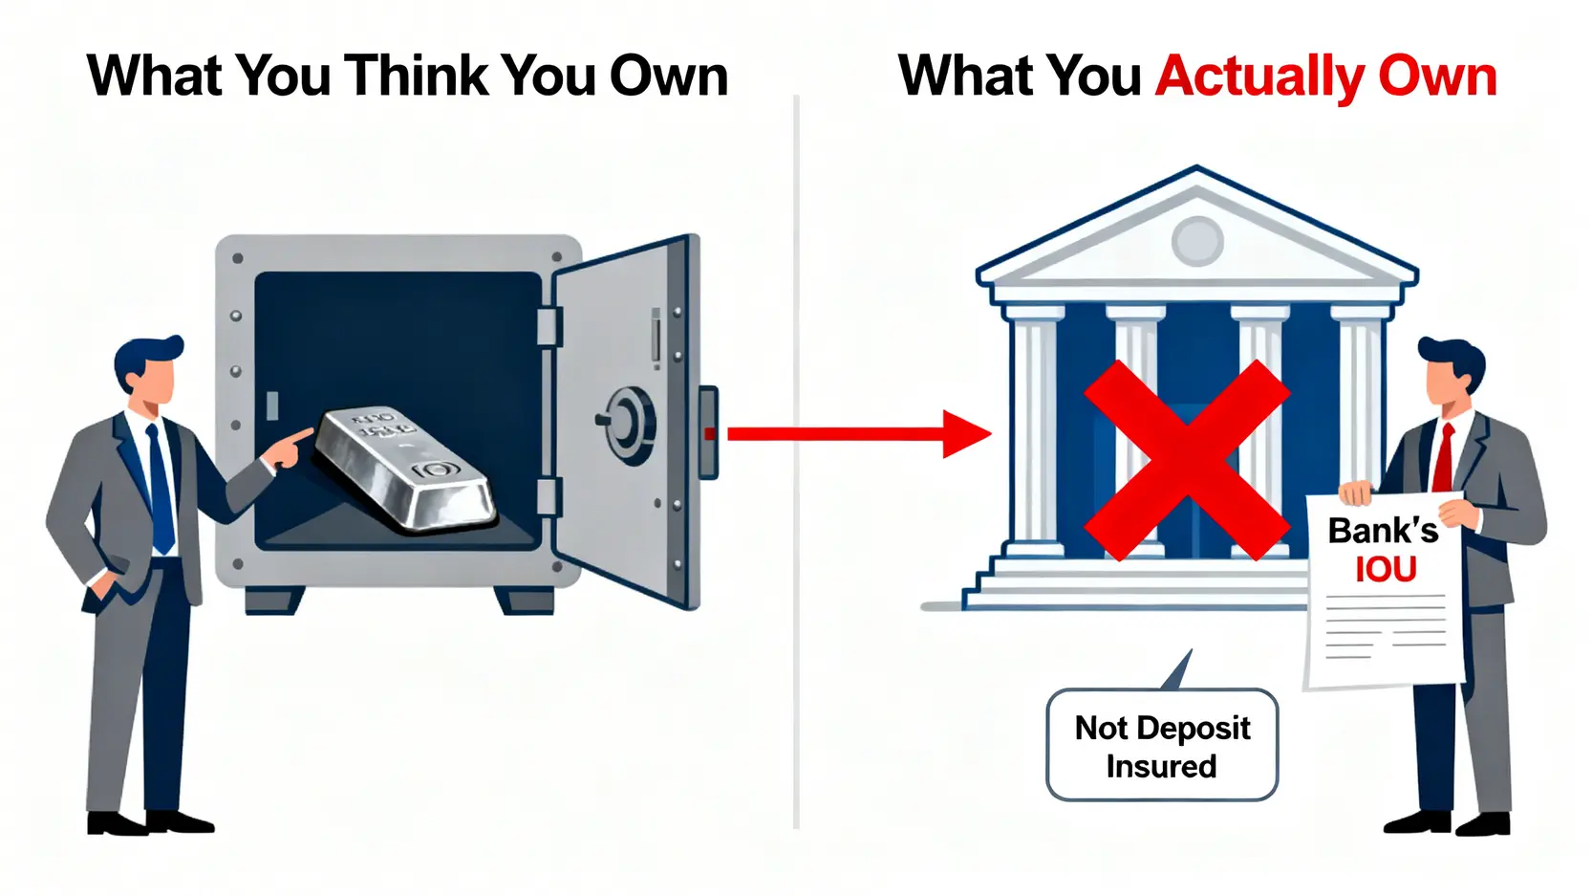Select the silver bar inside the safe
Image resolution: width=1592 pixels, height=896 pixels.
point(406,467)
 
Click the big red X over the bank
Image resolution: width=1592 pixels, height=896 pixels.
point(1186,460)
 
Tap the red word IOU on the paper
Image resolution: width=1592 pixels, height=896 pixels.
point(1386,570)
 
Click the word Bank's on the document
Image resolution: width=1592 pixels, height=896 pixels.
point(1382,531)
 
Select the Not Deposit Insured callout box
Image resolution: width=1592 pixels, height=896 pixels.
point(1162,745)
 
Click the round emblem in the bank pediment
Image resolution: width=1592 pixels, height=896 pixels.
point(1197,240)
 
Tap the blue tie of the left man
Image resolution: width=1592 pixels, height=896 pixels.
point(161,488)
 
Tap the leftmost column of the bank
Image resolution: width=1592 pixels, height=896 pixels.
point(1035,430)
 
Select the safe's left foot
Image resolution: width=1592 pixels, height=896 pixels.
point(273,600)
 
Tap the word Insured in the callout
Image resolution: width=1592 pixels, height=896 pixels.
point(1161,767)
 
